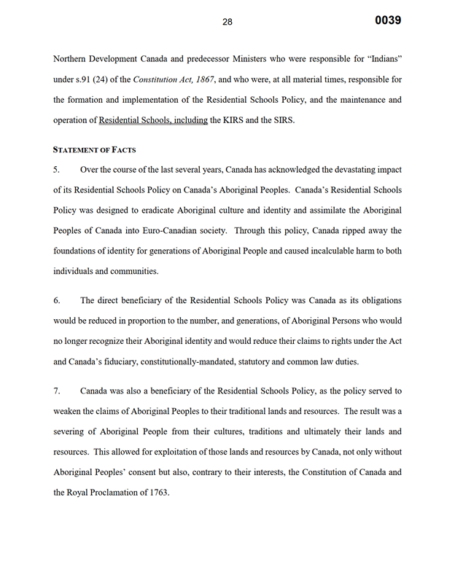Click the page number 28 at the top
227,22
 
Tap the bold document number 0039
388,20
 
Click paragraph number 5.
57,170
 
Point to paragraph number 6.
57,300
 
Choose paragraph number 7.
57,391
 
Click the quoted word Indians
381,59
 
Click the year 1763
156,493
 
